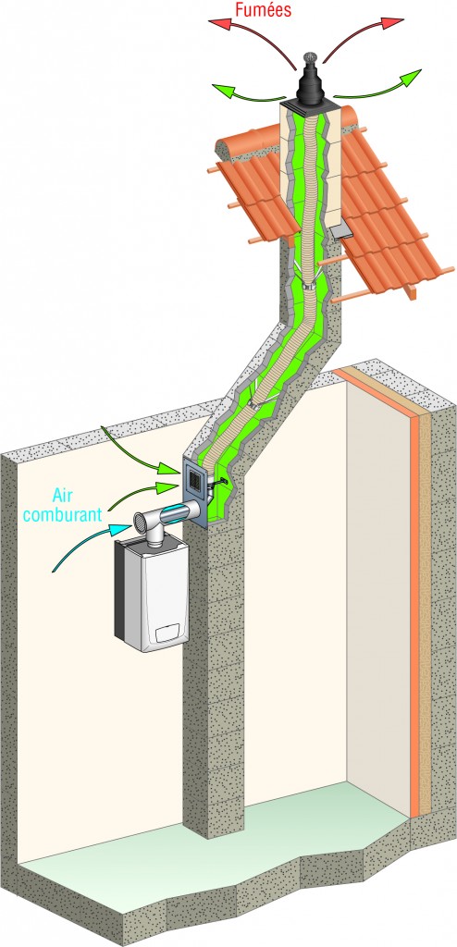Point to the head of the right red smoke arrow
[x=395, y=22]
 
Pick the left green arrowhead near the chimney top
[x=220, y=89]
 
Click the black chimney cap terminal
[x=312, y=83]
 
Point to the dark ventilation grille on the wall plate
[x=196, y=481]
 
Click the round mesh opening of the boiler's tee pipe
[x=141, y=520]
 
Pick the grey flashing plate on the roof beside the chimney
[x=341, y=230]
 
